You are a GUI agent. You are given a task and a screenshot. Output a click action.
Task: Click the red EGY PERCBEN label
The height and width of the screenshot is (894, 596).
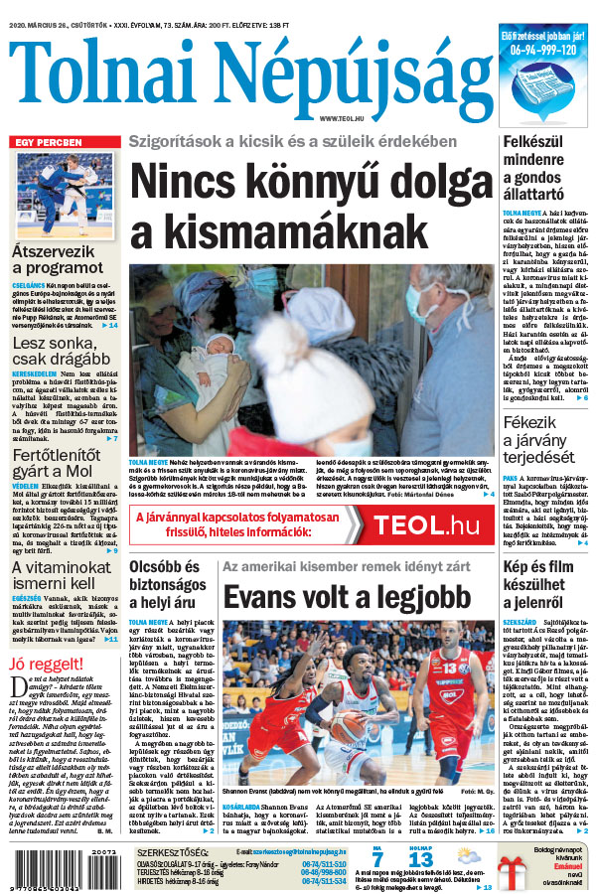(x=47, y=143)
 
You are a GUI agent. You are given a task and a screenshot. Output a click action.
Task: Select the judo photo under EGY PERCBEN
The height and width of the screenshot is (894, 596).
(x=65, y=195)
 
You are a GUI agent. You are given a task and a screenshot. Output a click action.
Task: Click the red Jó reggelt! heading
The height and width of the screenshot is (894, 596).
(x=44, y=664)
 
